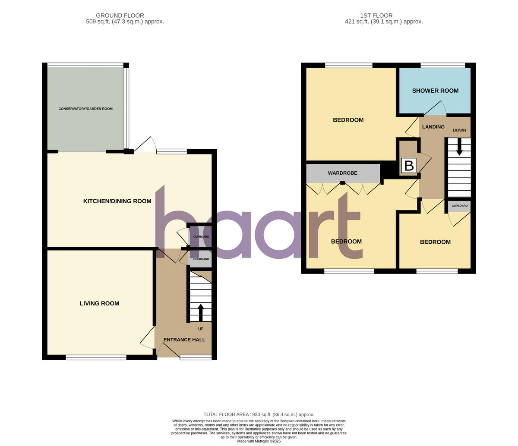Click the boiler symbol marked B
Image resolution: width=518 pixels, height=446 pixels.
pyautogui.click(x=408, y=166)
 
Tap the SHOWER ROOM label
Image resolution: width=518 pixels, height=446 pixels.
pyautogui.click(x=435, y=91)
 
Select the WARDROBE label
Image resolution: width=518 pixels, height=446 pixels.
pyautogui.click(x=342, y=173)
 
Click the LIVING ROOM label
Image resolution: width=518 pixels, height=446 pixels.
pyautogui.click(x=99, y=303)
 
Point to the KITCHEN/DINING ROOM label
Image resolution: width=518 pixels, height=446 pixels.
pyautogui.click(x=117, y=201)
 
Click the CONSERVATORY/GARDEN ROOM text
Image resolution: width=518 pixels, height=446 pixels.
pyautogui.click(x=85, y=109)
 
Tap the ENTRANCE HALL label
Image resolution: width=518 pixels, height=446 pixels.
pyautogui.click(x=184, y=339)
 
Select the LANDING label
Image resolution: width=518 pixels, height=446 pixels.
pyautogui.click(x=433, y=127)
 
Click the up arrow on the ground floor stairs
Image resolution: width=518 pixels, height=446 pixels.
pyautogui.click(x=200, y=312)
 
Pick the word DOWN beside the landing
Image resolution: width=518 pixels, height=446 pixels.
pyautogui.click(x=459, y=130)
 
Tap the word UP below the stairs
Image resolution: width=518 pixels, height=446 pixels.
pyautogui.click(x=200, y=329)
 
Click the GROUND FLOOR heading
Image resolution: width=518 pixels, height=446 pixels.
pyautogui.click(x=120, y=16)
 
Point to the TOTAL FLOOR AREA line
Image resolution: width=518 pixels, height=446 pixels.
pyautogui.click(x=259, y=415)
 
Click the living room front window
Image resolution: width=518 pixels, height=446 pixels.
pyautogui.click(x=96, y=357)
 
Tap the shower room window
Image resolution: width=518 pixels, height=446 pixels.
pyautogui.click(x=442, y=65)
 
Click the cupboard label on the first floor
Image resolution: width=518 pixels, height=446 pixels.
pyautogui.click(x=459, y=206)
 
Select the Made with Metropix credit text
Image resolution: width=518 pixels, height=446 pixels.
pyautogui.click(x=259, y=441)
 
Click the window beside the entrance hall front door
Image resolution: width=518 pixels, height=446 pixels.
pyautogui.click(x=196, y=357)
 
